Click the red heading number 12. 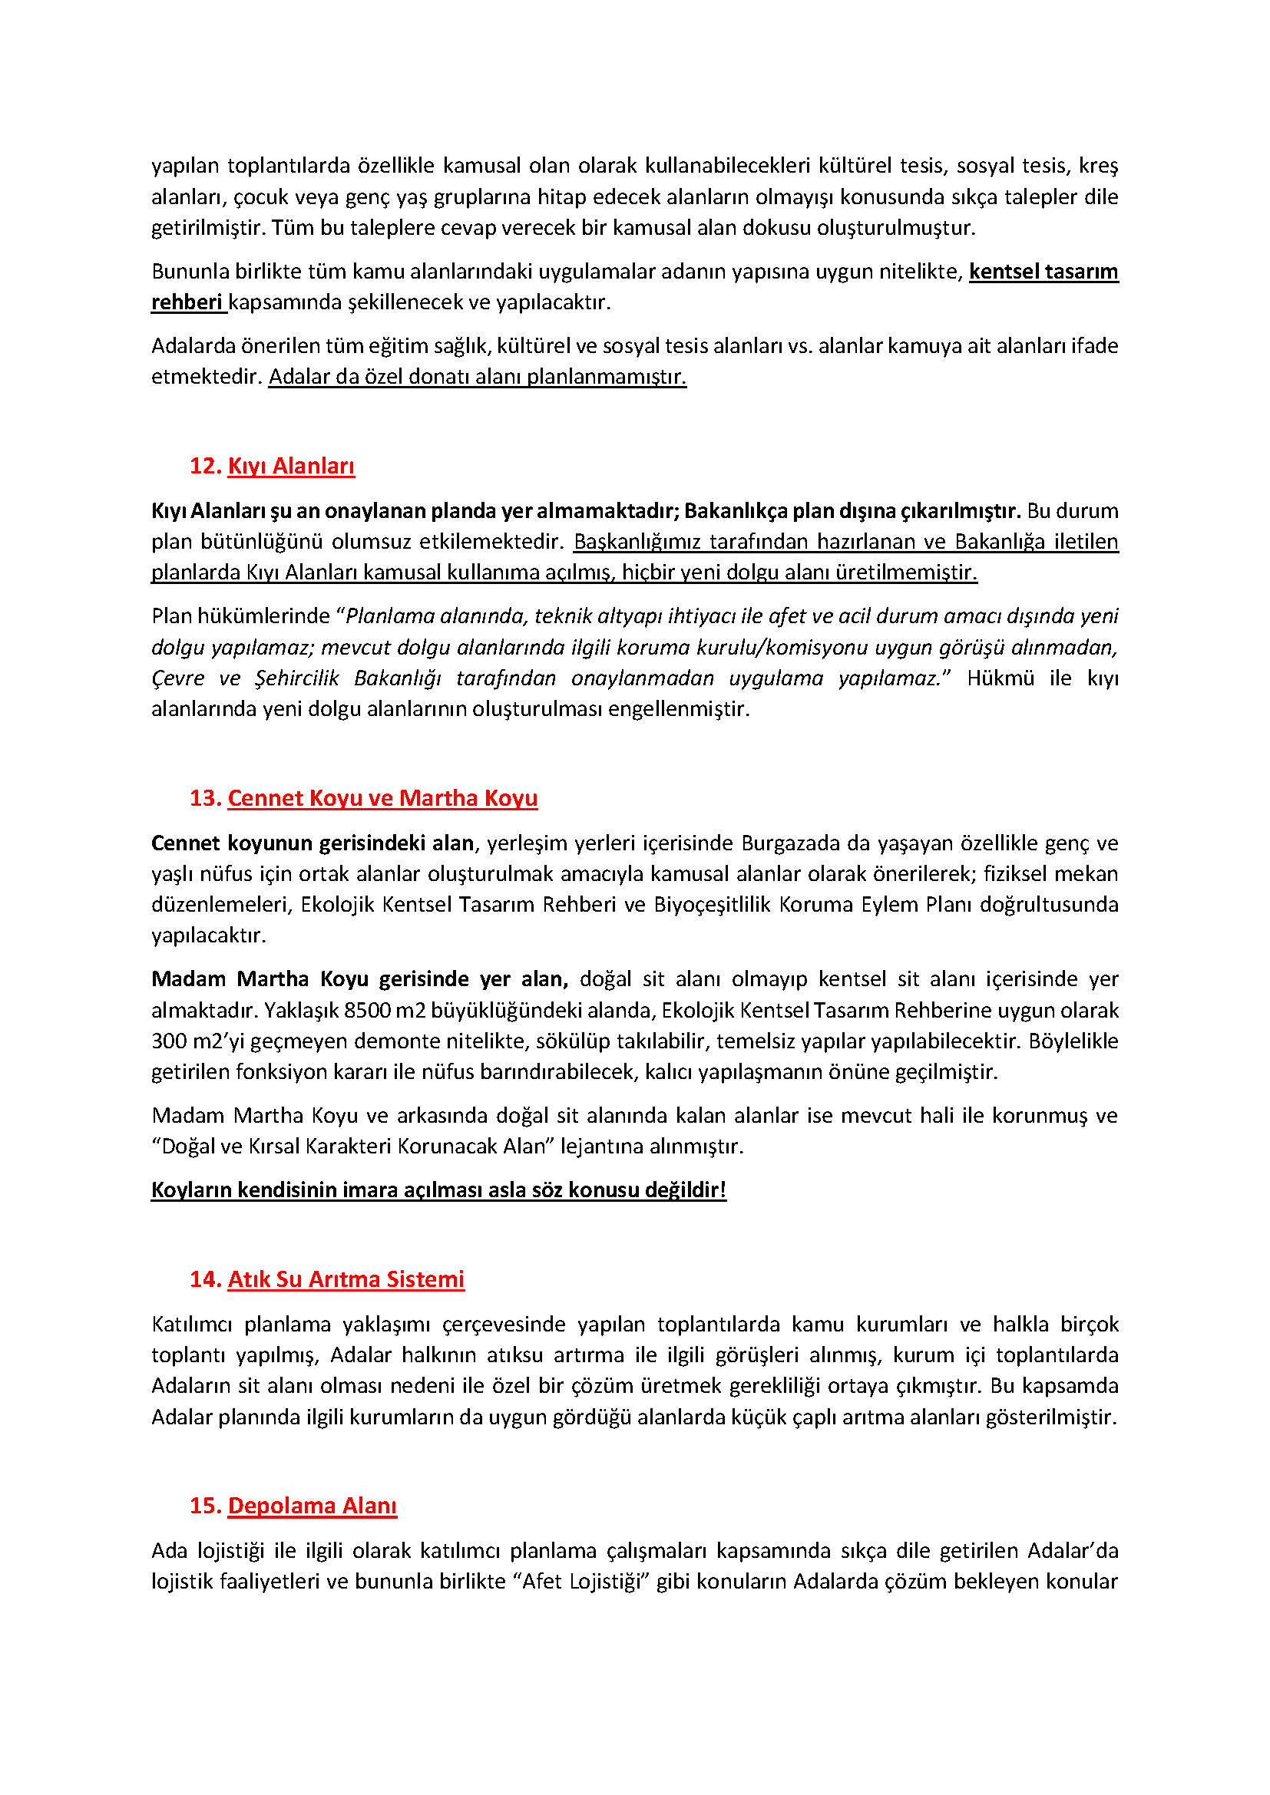click(205, 466)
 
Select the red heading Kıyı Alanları click(291, 466)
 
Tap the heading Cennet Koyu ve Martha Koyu click(382, 798)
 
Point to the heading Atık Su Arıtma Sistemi click(346, 1279)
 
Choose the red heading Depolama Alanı click(312, 1506)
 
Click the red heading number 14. click(205, 1279)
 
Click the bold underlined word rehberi click(187, 302)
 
